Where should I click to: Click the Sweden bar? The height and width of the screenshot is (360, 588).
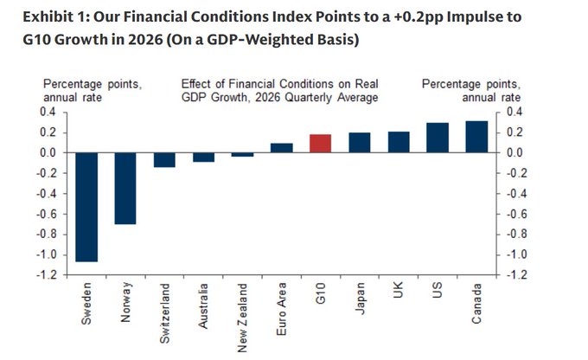tap(87, 207)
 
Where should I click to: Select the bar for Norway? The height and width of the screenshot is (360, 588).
tap(126, 188)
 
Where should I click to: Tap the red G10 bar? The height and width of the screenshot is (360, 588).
tap(320, 144)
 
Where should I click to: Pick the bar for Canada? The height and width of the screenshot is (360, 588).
tap(476, 137)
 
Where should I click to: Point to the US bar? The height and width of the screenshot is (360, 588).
tap(437, 138)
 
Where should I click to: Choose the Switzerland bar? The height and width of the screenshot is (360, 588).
tap(165, 159)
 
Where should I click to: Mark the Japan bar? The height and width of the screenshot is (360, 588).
tap(359, 143)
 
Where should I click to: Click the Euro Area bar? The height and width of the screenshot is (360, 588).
tap(281, 148)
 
